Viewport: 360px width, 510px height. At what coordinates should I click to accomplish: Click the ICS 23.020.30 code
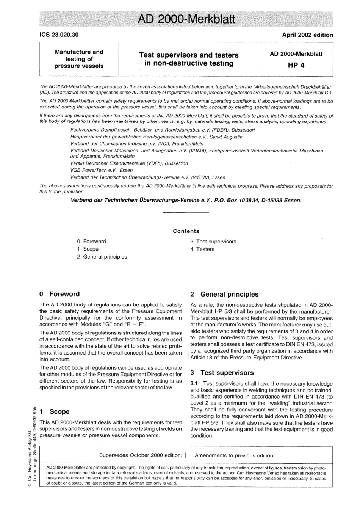tap(59, 35)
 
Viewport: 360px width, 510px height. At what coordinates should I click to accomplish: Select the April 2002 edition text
tap(307, 35)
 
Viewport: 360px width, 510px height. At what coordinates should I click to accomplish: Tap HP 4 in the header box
tap(296, 65)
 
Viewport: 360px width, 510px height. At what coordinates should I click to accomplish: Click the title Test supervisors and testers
tap(189, 55)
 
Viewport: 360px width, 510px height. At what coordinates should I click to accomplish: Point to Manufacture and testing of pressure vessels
tap(79, 59)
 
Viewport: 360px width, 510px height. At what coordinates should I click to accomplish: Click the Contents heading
tap(186, 231)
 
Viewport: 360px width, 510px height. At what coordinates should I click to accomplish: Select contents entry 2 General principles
tap(102, 257)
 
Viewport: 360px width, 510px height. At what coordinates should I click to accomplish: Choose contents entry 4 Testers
tap(202, 249)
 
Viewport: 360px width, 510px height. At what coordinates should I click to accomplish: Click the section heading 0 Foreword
tap(59, 294)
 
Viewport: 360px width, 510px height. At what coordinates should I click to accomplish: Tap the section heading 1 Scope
tap(55, 411)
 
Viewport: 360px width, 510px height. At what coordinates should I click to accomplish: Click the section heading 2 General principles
tap(224, 294)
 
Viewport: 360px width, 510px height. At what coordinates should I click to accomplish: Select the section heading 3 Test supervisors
tap(222, 373)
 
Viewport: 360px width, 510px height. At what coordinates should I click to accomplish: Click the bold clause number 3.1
tap(194, 384)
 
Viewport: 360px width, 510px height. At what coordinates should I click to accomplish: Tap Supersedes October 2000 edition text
tap(140, 455)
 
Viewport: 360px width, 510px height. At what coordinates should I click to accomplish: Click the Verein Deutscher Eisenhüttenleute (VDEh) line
tap(129, 163)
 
